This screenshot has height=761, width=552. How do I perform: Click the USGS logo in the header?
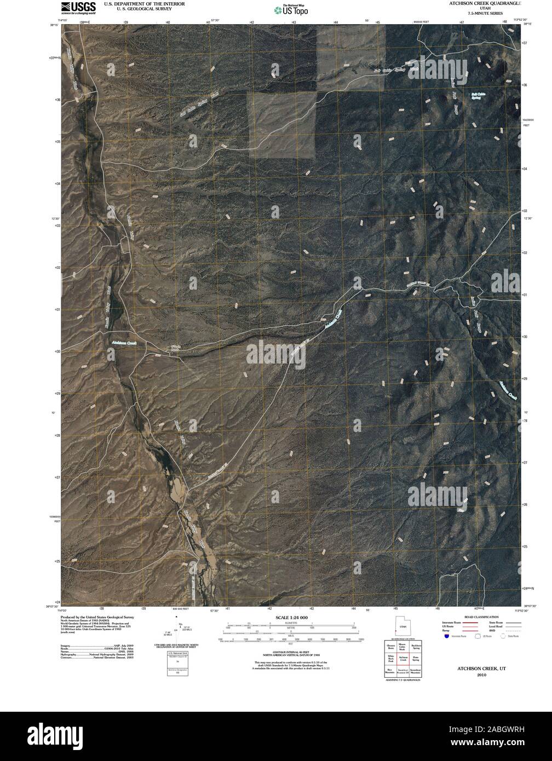click(74, 7)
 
